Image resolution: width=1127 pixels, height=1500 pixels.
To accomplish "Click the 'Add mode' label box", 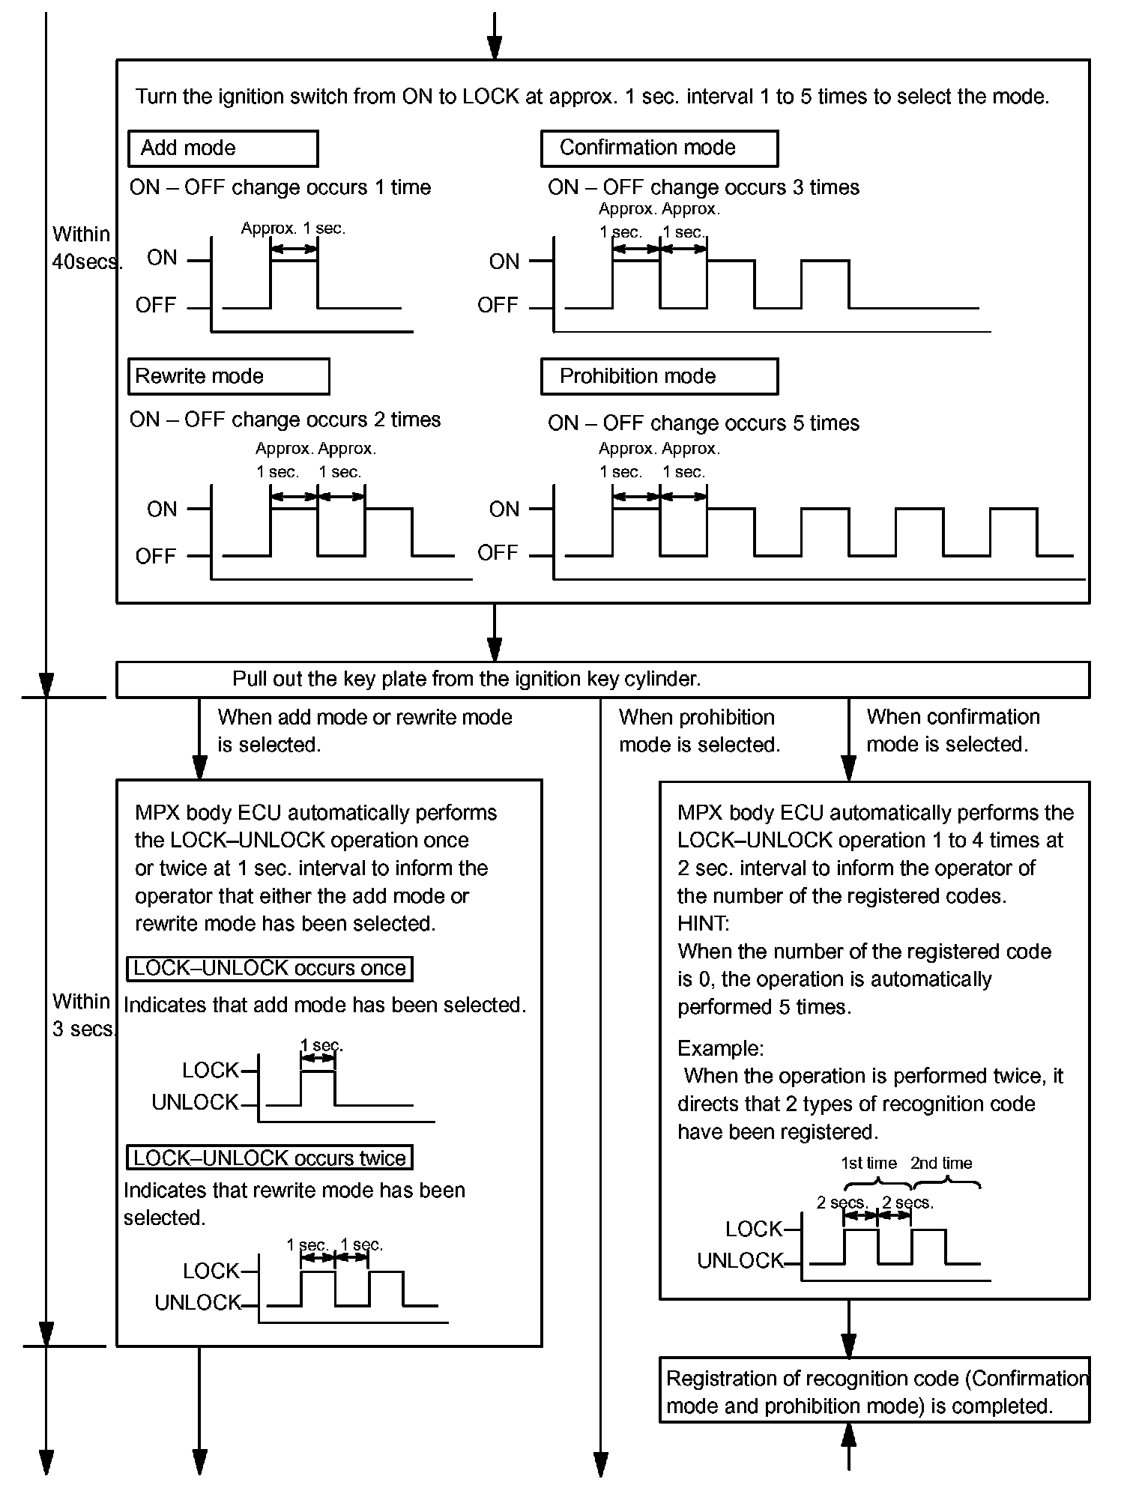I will [223, 148].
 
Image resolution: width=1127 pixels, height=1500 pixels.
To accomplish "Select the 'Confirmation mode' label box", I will [659, 148].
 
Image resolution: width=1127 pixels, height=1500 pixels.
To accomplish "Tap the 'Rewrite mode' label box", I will [228, 376].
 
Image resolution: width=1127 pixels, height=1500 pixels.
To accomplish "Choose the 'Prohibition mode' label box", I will [659, 376].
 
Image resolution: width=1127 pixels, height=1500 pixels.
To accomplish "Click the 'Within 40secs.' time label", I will [84, 248].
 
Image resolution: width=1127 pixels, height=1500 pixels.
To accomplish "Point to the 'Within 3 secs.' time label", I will [82, 1015].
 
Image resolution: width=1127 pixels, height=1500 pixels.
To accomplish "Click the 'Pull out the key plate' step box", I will [602, 680].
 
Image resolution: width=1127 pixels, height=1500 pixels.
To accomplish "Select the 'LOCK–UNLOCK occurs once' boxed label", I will [270, 968].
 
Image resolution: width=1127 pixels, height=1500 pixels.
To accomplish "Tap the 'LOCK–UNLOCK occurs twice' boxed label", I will [270, 1158].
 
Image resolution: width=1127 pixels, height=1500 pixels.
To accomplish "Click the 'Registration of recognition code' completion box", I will [874, 1392].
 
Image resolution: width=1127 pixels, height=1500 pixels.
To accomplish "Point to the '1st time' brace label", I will [868, 1163].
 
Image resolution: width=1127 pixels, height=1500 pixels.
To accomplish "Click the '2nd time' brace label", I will [941, 1163].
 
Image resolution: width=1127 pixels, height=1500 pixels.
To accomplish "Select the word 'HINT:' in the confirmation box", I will [703, 924].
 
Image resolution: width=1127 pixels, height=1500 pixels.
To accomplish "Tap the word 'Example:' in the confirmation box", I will [720, 1048].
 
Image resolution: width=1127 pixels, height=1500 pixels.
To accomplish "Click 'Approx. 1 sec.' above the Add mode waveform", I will [293, 229].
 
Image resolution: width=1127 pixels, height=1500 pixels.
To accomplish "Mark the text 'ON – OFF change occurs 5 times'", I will [703, 423].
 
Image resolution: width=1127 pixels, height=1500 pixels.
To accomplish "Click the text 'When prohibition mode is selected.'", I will [699, 731].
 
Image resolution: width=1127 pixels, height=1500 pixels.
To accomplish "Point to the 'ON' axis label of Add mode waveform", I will [162, 258].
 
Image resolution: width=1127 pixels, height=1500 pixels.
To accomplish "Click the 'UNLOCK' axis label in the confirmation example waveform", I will [740, 1261].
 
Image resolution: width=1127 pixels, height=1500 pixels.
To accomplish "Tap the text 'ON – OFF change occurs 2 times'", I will [285, 420].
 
